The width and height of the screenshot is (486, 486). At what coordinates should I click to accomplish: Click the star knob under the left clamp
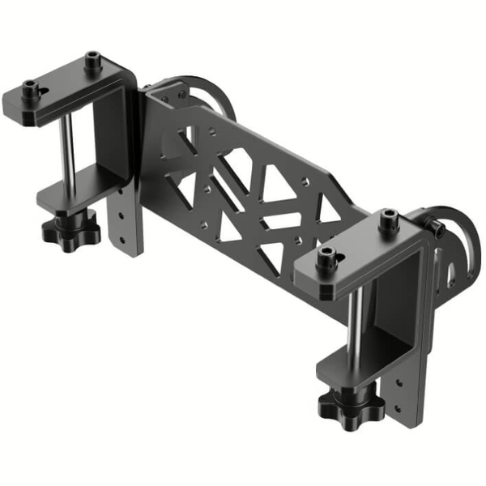click(71, 230)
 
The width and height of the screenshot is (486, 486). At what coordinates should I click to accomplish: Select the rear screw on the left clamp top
click(93, 61)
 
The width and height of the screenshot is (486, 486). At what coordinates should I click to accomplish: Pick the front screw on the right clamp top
click(326, 258)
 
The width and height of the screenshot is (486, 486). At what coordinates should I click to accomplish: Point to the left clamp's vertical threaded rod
click(68, 154)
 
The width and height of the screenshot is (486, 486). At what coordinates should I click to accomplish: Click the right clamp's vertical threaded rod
click(354, 328)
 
